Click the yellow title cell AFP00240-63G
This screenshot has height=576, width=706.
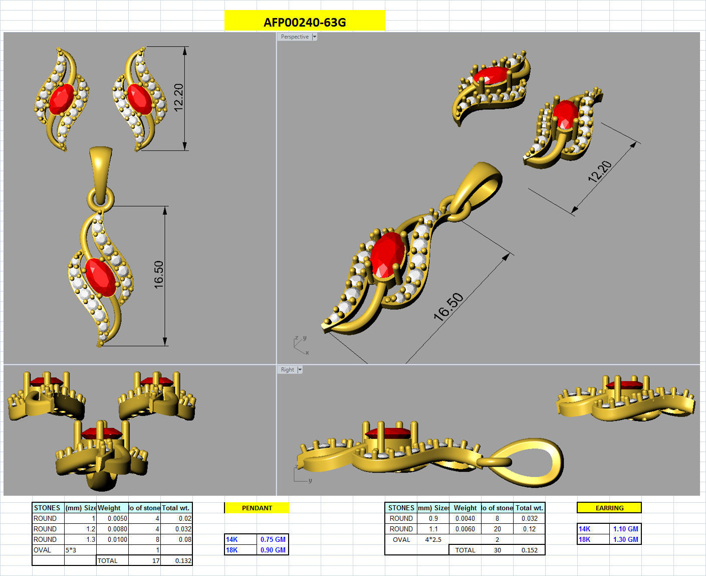[x=305, y=22]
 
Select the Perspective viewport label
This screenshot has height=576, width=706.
[x=295, y=37]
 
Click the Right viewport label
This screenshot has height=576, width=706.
[x=288, y=370]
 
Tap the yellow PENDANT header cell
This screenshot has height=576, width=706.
[x=257, y=508]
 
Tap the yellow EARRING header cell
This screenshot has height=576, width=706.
[x=609, y=508]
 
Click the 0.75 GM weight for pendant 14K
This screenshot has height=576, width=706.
[x=273, y=539]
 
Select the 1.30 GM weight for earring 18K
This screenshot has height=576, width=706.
[x=625, y=539]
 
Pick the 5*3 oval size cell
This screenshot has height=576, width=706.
[x=71, y=550]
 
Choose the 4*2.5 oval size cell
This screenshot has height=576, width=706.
[x=433, y=539]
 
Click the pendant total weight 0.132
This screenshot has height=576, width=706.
[x=183, y=560]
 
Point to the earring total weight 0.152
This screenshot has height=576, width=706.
[x=529, y=550]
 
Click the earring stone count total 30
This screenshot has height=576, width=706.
[x=497, y=550]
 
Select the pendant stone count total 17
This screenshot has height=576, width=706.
[x=155, y=560]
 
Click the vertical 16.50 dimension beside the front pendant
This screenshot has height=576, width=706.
[x=159, y=274]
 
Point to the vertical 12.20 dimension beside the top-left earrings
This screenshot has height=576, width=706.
[x=178, y=97]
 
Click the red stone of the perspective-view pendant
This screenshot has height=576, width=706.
[x=387, y=254]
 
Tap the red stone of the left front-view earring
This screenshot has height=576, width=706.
[x=62, y=99]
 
